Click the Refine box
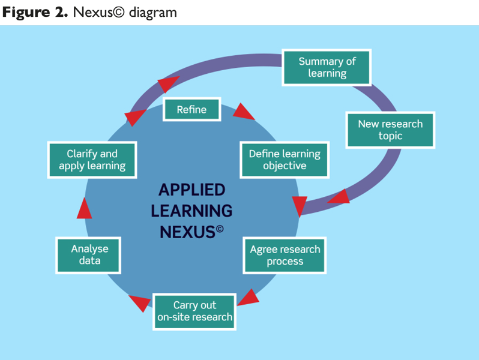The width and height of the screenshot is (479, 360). (x=191, y=110)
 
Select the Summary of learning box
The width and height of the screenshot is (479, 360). (x=327, y=67)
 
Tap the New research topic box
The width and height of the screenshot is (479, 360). (x=390, y=130)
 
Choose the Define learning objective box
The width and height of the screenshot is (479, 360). (x=285, y=160)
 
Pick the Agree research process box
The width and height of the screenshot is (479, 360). (x=285, y=255)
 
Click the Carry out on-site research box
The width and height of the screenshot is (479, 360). (x=194, y=311)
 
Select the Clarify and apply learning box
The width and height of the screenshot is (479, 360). (x=92, y=160)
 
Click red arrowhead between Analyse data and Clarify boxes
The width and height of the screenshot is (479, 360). (x=84, y=209)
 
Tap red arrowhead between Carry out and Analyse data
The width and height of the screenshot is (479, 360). (x=140, y=303)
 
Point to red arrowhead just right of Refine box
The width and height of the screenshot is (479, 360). (x=244, y=111)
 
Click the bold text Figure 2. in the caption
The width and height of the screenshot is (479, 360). (x=34, y=13)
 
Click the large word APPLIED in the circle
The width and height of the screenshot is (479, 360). (x=184, y=190)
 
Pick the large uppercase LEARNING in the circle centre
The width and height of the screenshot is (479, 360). (x=191, y=211)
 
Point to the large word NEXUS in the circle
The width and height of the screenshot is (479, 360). (x=187, y=232)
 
